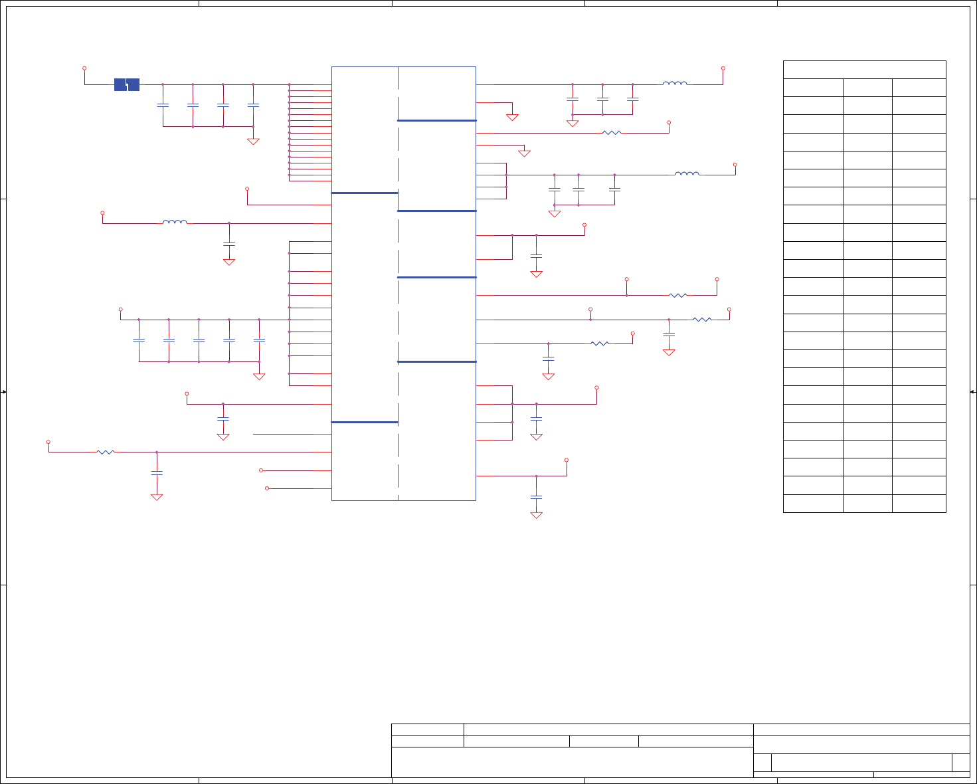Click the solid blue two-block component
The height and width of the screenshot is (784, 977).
[x=127, y=84]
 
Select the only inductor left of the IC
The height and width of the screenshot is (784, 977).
[x=175, y=223]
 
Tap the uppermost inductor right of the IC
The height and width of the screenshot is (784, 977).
[x=675, y=84]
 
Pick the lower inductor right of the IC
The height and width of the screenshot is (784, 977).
[x=687, y=174]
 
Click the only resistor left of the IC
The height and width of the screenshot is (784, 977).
[x=106, y=452]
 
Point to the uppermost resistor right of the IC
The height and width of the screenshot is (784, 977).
[x=612, y=133]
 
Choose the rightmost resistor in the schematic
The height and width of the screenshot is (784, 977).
[x=702, y=320]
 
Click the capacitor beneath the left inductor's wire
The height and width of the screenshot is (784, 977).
[x=229, y=245]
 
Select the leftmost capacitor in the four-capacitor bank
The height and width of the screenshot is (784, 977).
[x=163, y=105]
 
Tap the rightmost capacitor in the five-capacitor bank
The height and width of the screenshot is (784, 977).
[x=259, y=340]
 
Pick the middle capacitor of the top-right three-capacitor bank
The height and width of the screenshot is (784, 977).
[x=602, y=99]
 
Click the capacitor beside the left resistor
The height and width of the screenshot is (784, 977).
[x=157, y=473]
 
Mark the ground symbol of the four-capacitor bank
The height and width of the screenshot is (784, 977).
[x=253, y=141]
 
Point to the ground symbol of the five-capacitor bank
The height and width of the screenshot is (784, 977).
[x=259, y=376]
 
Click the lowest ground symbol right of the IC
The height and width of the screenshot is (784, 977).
[x=537, y=514]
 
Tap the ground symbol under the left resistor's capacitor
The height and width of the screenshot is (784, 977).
[x=157, y=496]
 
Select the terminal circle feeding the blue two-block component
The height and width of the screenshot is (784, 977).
[x=84, y=68]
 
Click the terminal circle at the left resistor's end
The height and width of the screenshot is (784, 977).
[x=48, y=442]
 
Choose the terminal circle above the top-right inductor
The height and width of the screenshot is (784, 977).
[x=723, y=68]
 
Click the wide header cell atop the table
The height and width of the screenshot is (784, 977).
[x=864, y=70]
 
